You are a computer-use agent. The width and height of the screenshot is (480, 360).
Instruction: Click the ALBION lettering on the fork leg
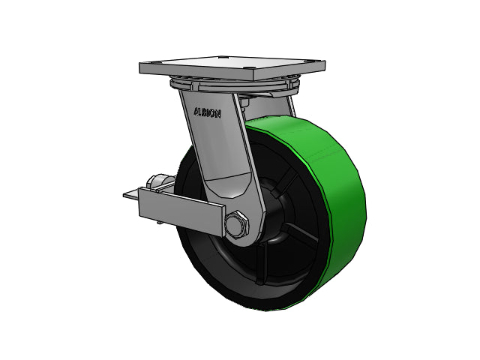point(207,113)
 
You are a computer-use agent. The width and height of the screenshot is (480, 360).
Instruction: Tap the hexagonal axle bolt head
point(237,225)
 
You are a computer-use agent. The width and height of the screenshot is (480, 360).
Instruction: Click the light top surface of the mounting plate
point(232,65)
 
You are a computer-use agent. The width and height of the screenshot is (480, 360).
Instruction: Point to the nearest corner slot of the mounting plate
point(250,69)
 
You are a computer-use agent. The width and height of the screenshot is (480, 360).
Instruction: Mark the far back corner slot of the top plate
point(223,57)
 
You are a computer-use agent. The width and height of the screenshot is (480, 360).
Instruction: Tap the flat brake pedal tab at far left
point(131,195)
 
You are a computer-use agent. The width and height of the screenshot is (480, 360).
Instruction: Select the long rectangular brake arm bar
point(181,211)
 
